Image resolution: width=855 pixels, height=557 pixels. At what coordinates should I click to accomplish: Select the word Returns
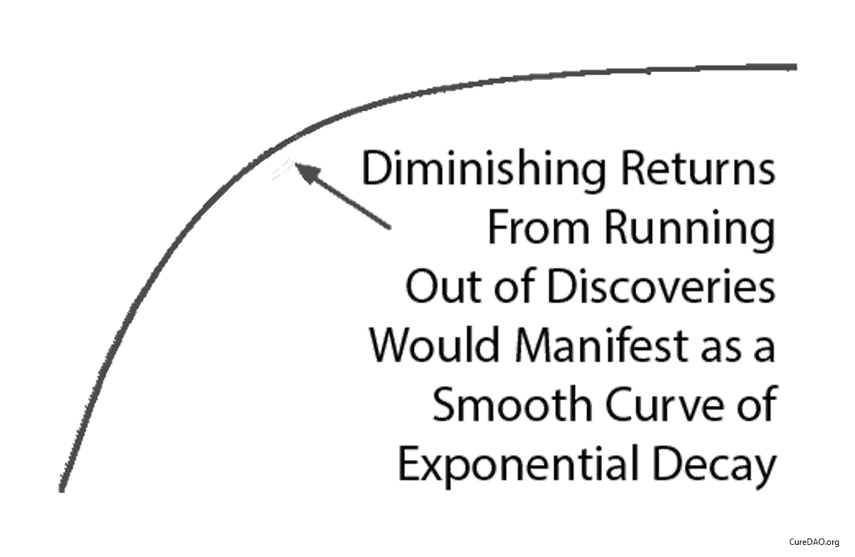coord(698,170)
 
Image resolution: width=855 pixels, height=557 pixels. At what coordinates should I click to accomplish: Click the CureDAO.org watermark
coord(814,543)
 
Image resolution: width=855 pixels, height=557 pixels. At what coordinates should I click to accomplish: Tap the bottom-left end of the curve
coord(62,489)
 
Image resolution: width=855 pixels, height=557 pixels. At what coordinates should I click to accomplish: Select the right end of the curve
coord(794,67)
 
